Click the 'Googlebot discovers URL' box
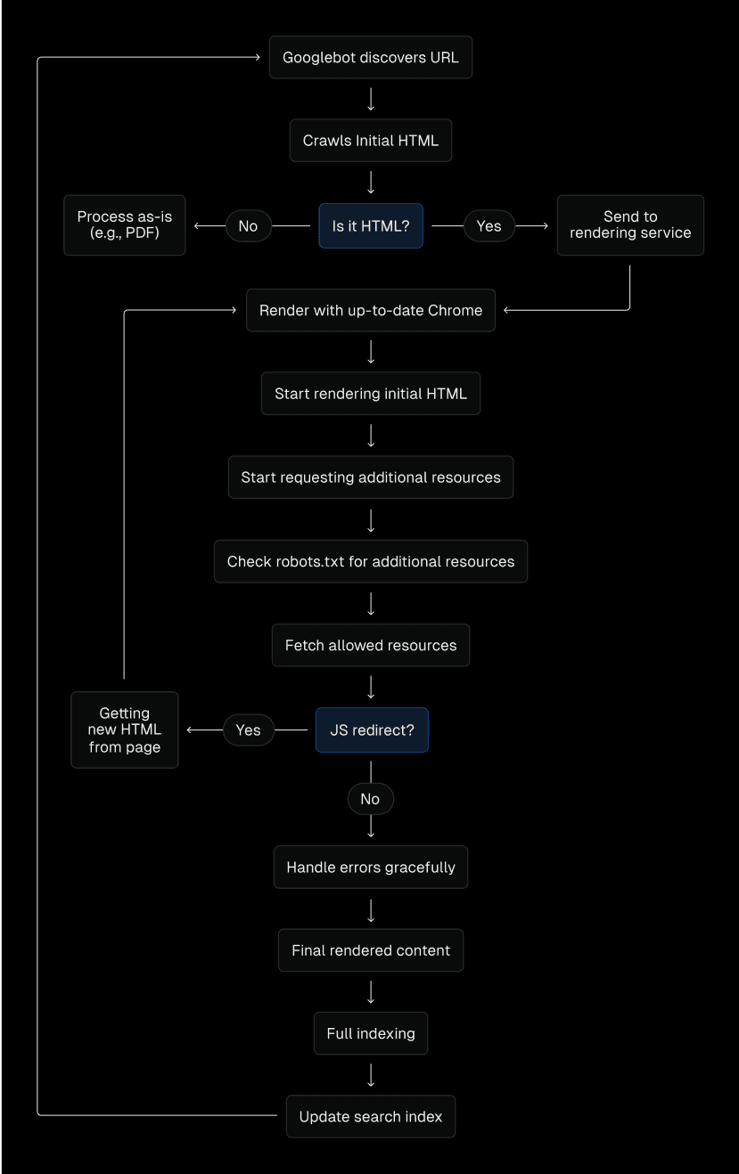tap(370, 58)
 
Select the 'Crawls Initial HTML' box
tap(370, 141)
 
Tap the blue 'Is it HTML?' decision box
tap(370, 226)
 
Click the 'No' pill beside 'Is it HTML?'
tap(248, 226)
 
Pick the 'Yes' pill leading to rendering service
tap(489, 226)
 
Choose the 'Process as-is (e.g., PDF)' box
tap(125, 225)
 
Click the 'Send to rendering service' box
tap(630, 225)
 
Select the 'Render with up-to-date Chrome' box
tap(370, 311)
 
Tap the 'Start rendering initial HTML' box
tap(370, 394)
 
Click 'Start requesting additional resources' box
tap(370, 477)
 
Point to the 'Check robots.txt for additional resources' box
tap(370, 562)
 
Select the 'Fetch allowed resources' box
tap(370, 646)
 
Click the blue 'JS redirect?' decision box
tap(372, 730)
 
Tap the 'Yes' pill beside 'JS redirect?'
tap(248, 730)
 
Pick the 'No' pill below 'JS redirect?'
tap(370, 799)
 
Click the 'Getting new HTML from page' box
tap(125, 730)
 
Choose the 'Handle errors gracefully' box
tap(370, 868)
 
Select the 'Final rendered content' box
tap(370, 950)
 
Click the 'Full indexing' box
tap(370, 1034)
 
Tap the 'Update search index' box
tap(370, 1117)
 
